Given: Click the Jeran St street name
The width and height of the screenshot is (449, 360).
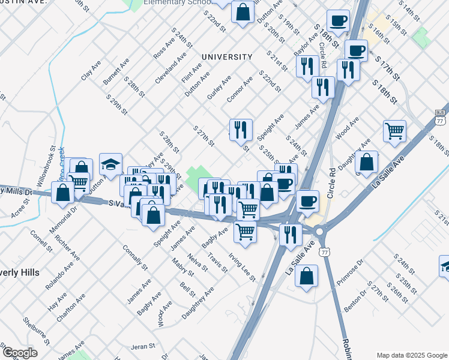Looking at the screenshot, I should point(143,347).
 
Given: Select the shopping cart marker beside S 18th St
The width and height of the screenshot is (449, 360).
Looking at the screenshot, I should point(394,130).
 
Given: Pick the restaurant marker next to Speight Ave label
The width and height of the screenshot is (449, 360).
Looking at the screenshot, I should point(241,129).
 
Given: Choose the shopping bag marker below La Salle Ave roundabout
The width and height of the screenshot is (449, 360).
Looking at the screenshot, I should point(306,276).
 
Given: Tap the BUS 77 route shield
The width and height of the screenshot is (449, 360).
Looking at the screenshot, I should point(440,117).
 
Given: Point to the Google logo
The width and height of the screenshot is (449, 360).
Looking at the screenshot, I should point(20,353).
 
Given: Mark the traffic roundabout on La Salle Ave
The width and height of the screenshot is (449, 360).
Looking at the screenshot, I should point(318,231).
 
